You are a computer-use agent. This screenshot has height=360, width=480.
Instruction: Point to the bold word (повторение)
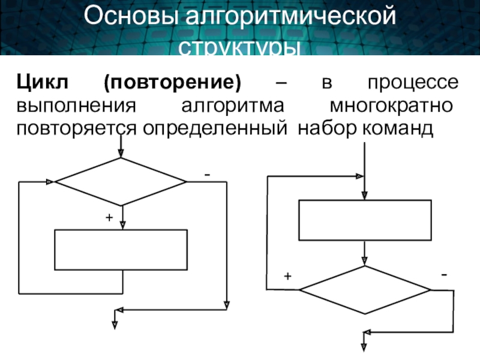(172, 82)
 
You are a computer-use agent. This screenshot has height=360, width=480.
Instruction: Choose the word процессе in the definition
(413, 82)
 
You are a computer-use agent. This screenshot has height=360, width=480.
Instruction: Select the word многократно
(392, 106)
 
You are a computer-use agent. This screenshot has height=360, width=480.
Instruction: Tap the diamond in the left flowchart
(121, 182)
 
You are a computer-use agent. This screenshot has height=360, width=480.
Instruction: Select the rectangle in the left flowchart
(121, 250)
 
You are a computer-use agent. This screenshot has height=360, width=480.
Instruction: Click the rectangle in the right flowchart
(365, 220)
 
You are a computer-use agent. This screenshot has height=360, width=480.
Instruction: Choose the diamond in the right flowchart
(365, 290)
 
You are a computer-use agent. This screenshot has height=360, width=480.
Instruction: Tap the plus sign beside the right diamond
(287, 277)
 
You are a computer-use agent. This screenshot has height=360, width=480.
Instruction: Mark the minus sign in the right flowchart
(444, 274)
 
